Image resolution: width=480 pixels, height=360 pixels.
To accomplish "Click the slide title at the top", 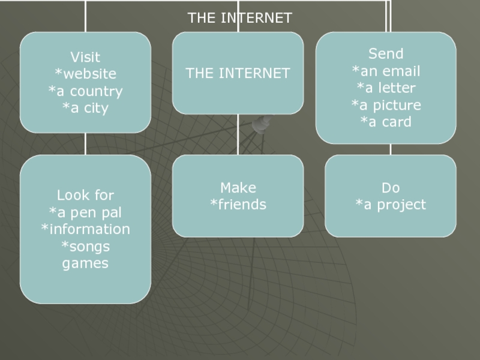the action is (x=239, y=18).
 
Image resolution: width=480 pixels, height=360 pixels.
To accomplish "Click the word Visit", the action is (x=85, y=58).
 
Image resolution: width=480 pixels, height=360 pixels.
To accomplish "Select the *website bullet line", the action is (x=85, y=74).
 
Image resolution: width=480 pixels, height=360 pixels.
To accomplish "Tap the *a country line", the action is (x=85, y=92).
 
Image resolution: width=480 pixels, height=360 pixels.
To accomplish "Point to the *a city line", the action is (x=85, y=109).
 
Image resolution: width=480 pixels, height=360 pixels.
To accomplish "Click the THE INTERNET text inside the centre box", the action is (x=238, y=74).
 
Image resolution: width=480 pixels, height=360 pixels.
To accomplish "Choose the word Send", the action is (x=386, y=54).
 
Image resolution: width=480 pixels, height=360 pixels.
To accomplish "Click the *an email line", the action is (x=386, y=71).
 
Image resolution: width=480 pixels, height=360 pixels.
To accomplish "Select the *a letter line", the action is (x=386, y=88).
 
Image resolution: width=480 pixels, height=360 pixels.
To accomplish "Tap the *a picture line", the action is (x=386, y=105).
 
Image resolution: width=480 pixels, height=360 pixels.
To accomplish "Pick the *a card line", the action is (x=386, y=122).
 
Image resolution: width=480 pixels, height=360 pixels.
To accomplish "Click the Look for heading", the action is (x=85, y=195).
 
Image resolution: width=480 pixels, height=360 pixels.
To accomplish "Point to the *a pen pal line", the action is (x=85, y=212).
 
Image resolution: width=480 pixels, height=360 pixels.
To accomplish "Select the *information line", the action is (x=85, y=229).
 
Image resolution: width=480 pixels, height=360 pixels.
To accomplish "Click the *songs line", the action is (x=85, y=246).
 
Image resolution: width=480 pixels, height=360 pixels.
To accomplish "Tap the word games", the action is (x=85, y=263).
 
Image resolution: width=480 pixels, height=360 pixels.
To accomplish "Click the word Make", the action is (x=238, y=188).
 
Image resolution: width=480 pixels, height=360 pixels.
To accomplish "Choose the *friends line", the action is (x=238, y=205).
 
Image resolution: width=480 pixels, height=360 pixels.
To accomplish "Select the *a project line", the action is (x=391, y=205).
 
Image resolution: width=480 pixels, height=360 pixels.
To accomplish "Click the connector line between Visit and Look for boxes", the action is (x=85, y=144).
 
